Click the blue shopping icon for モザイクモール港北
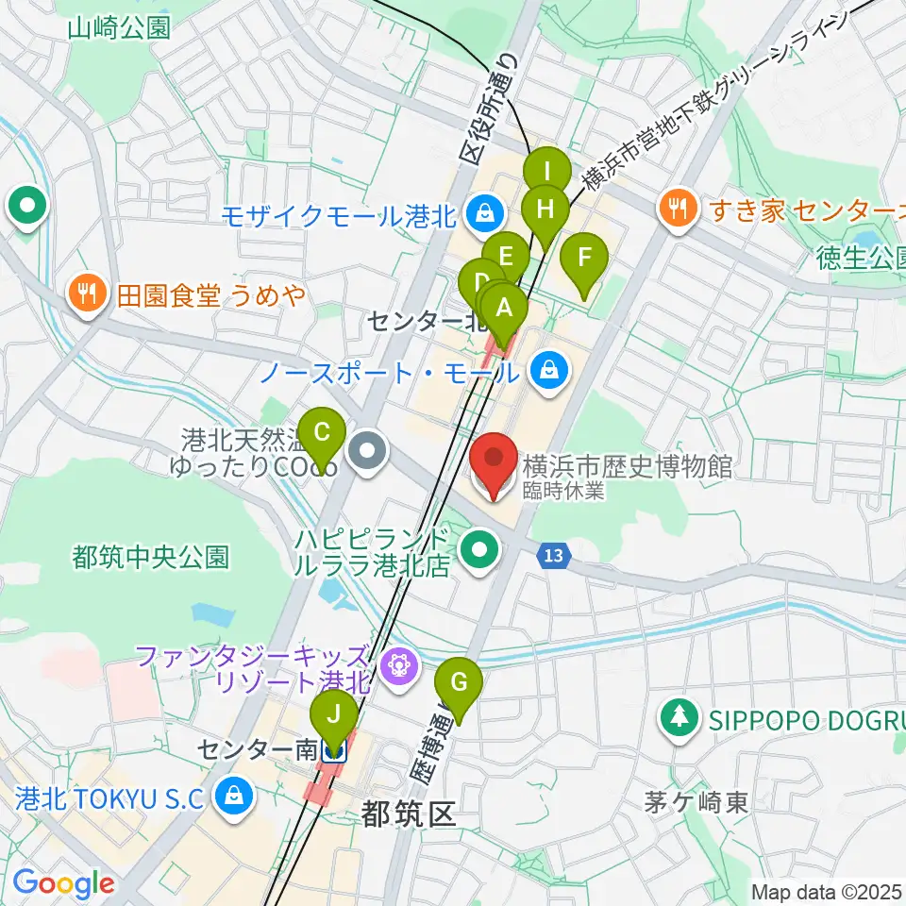[483, 216]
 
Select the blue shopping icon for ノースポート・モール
[548, 371]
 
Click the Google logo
[64, 883]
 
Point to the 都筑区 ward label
[408, 814]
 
